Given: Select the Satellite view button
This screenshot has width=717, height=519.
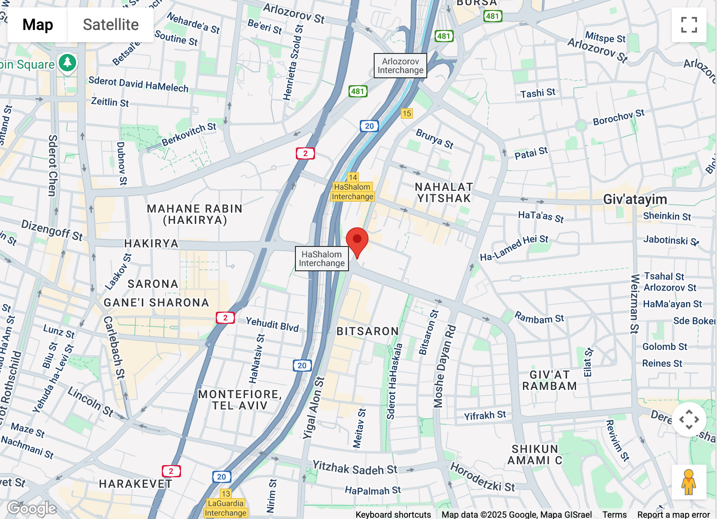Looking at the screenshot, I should (x=111, y=25).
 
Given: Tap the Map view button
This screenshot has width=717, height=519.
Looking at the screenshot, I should (x=38, y=25).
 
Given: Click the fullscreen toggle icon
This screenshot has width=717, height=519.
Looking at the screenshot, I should (x=689, y=25).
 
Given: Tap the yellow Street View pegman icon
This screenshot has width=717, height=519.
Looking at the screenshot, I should (x=689, y=482).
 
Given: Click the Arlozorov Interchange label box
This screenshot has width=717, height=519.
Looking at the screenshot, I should (x=400, y=66).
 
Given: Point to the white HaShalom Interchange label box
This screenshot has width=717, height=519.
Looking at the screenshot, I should (x=322, y=259).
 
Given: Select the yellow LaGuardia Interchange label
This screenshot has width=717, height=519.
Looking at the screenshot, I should (x=225, y=508).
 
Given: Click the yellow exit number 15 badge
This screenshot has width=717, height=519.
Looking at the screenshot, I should (x=407, y=113).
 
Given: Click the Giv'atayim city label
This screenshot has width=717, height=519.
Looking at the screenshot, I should (x=635, y=200).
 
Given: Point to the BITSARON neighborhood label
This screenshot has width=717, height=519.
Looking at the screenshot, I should (x=368, y=331).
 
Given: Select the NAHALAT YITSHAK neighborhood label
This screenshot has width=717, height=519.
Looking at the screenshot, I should (x=444, y=193).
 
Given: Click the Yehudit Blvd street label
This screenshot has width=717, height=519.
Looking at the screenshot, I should (x=272, y=324).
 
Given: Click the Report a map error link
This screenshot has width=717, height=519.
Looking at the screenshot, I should (x=673, y=514).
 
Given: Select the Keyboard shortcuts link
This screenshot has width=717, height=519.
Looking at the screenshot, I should (x=393, y=514).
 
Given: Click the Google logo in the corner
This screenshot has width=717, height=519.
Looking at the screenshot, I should (x=32, y=508).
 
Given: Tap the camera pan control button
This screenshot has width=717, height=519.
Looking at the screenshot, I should (x=689, y=419).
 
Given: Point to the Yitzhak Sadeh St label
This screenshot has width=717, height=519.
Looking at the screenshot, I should (x=355, y=468).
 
